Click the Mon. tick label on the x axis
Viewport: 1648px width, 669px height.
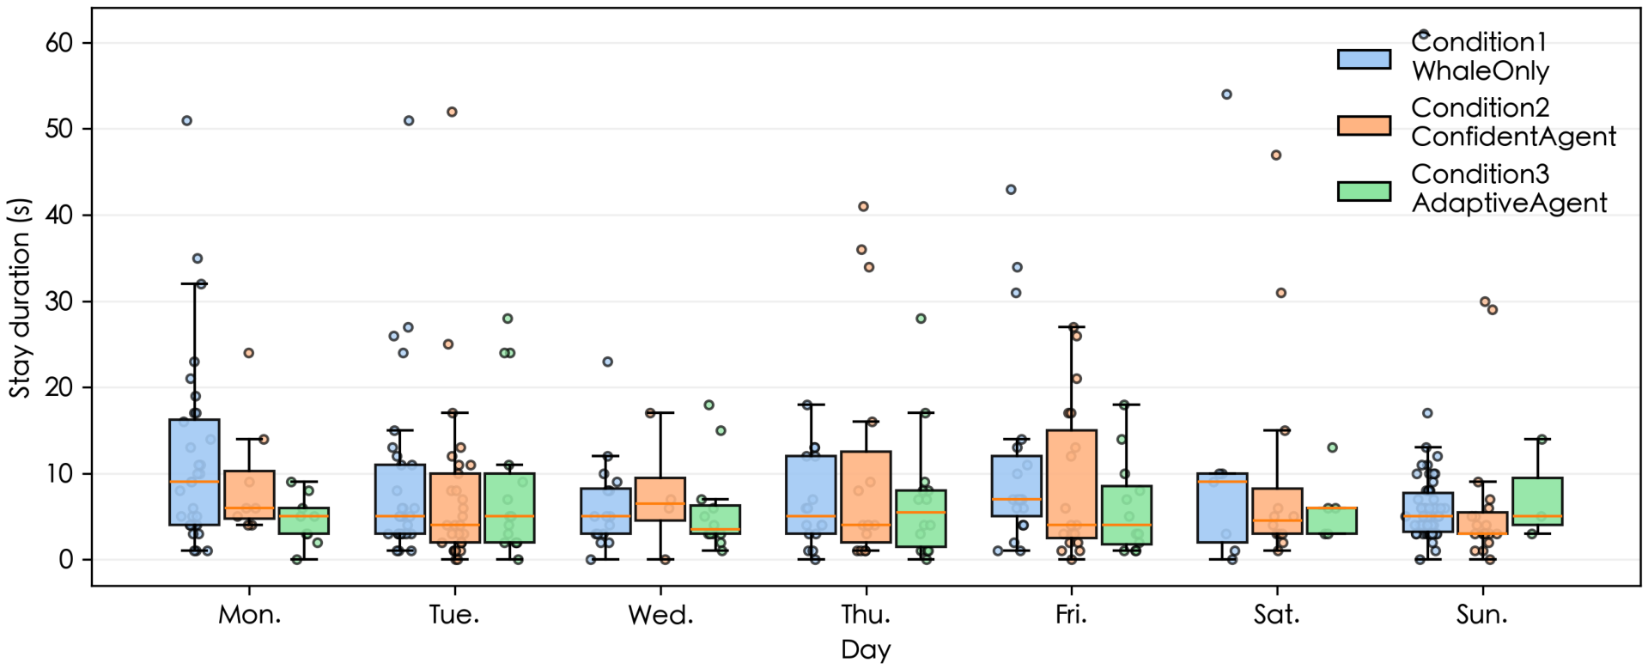click(249, 615)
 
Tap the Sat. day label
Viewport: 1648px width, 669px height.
click(1276, 615)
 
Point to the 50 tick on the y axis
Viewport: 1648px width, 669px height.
click(59, 129)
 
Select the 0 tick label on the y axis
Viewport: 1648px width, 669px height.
click(66, 560)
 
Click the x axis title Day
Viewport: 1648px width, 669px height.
click(866, 650)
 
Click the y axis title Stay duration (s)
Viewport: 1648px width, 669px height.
click(20, 298)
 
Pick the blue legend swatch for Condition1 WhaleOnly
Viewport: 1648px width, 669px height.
click(1364, 58)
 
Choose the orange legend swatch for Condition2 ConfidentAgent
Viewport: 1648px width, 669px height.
click(1364, 125)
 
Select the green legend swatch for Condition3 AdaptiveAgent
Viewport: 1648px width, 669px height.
click(1364, 191)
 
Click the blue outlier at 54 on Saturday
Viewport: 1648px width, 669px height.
click(1226, 94)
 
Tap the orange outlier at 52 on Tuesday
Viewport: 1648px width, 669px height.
click(452, 112)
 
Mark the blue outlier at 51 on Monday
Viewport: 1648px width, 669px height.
click(186, 120)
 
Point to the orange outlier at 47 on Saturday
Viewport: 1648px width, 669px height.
click(1276, 155)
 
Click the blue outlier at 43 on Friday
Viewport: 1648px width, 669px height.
click(1011, 190)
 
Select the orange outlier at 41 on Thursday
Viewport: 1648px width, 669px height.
click(863, 206)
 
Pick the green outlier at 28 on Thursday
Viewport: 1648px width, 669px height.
click(921, 319)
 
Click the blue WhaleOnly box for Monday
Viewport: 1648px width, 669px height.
click(194, 471)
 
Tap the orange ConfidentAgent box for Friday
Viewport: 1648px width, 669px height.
click(1071, 484)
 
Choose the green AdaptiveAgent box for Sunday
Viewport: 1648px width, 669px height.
click(1537, 502)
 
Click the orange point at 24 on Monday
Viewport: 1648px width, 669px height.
click(248, 353)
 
